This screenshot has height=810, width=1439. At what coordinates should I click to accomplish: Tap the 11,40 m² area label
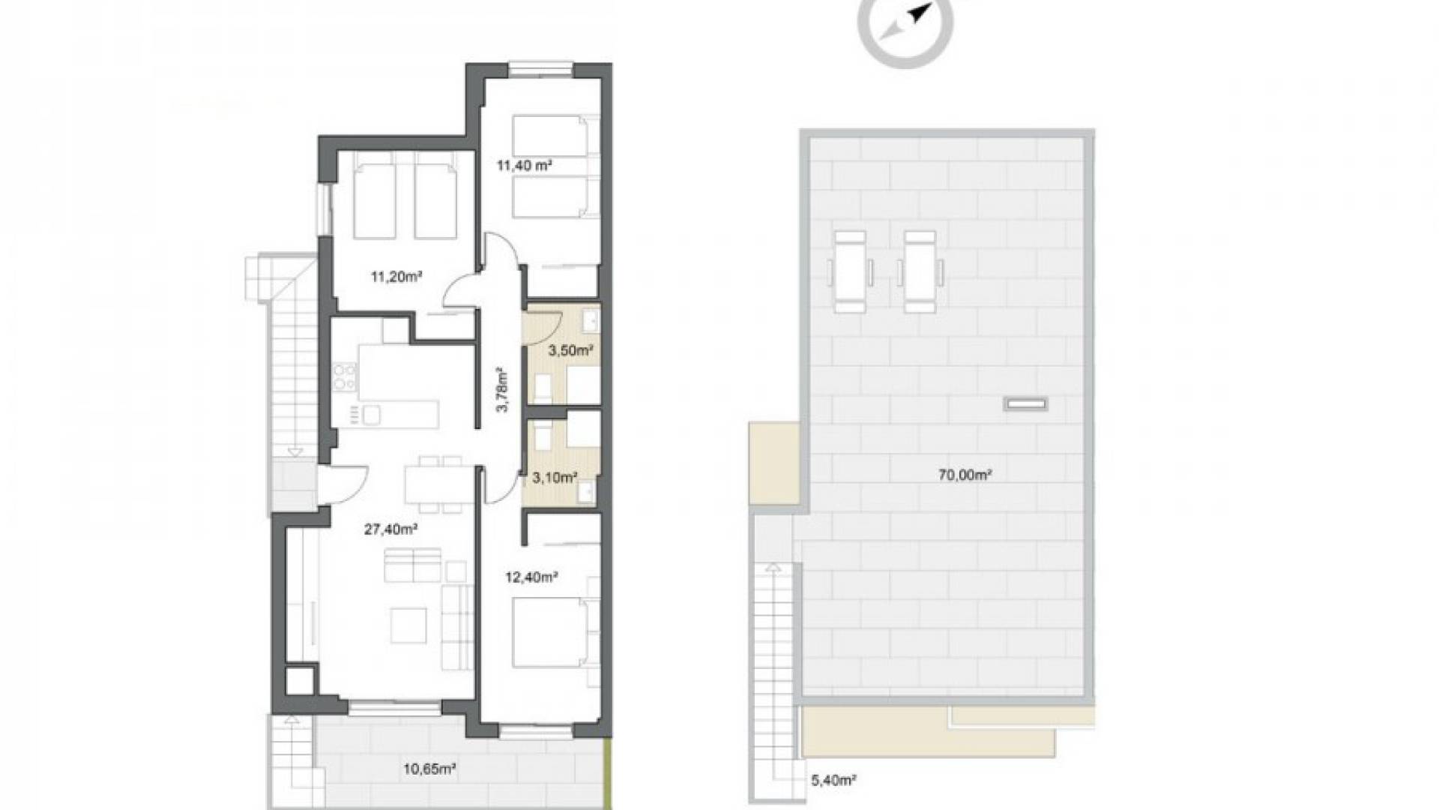(x=525, y=164)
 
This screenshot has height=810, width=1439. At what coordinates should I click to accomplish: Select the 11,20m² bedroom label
(x=396, y=276)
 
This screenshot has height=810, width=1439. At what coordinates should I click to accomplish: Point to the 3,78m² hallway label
(x=503, y=389)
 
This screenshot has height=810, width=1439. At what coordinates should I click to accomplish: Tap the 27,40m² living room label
(x=390, y=529)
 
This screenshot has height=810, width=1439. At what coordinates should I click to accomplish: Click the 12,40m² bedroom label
(x=531, y=577)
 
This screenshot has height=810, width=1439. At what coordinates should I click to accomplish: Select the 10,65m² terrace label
(x=430, y=768)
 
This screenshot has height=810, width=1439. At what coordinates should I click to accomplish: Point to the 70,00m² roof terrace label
(x=965, y=474)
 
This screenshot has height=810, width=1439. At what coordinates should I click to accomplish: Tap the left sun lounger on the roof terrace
(x=851, y=271)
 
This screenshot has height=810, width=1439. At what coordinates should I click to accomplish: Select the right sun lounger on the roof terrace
(x=920, y=271)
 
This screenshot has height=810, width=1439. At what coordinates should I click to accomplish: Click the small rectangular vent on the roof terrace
(x=1025, y=404)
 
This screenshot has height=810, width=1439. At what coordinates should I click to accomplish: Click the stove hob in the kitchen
(x=344, y=376)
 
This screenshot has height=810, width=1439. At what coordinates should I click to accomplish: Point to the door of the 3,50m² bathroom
(x=547, y=322)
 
